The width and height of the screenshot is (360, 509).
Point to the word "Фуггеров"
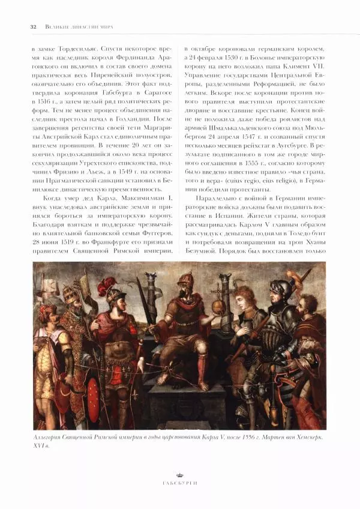(x=154, y=232)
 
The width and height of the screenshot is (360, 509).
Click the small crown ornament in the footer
(x=179, y=472)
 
